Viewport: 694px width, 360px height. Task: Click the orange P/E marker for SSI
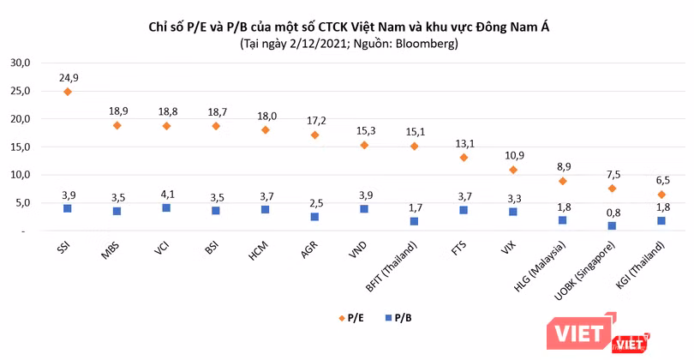[67, 92]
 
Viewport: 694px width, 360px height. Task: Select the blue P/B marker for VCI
[166, 208]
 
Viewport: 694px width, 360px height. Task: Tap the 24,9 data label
[67, 76]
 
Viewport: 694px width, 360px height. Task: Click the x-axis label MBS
[110, 253]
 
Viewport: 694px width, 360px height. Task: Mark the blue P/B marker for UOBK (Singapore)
[611, 226]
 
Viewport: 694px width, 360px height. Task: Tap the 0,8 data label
[611, 212]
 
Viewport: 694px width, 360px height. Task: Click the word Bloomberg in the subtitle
[430, 44]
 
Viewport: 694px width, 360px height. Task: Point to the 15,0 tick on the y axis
[20, 147]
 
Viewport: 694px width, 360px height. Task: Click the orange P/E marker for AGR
[314, 135]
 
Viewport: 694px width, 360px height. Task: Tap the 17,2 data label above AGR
[314, 119]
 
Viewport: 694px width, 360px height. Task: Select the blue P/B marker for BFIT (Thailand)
[414, 221]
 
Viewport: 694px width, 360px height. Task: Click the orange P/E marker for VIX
[512, 170]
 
